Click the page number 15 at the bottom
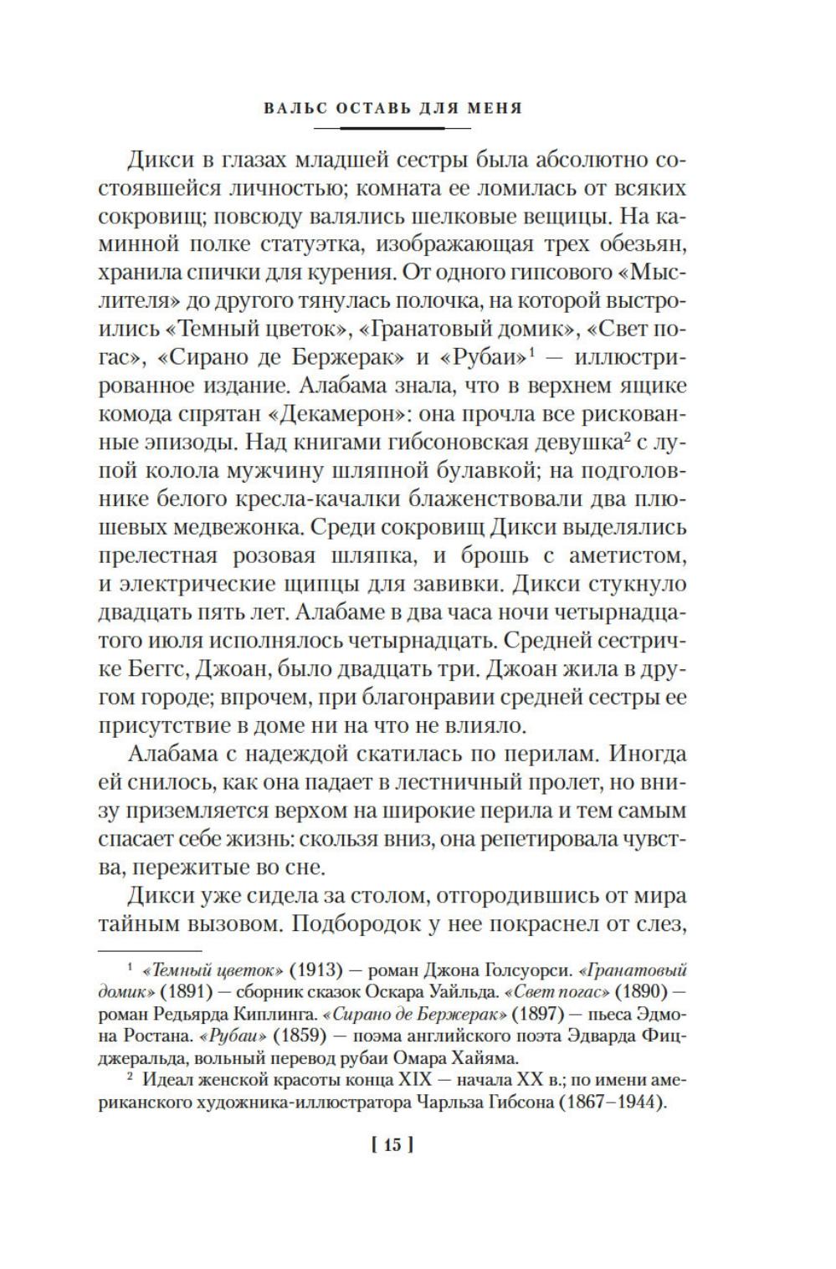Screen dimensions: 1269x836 tap(392, 1145)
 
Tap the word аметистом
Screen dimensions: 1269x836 tap(633, 556)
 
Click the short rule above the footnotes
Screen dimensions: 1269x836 tap(151, 950)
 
